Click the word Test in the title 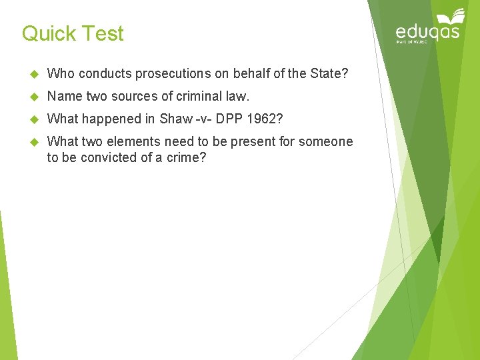click(103, 33)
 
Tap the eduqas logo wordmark click(427, 32)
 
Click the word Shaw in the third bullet click(173, 119)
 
